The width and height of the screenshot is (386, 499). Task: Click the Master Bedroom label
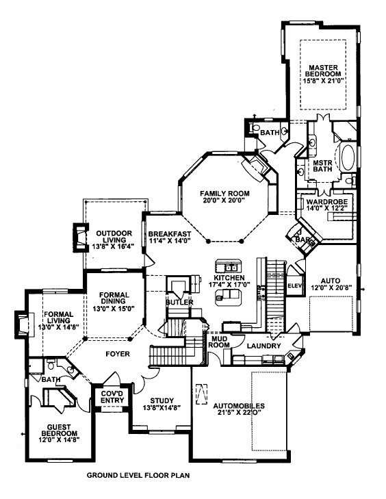(323, 71)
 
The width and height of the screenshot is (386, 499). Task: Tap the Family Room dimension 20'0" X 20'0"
(224, 201)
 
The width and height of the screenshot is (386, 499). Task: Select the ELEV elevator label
(295, 285)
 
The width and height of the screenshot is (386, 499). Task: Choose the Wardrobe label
(327, 202)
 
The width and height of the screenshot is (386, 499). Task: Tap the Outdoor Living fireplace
(80, 238)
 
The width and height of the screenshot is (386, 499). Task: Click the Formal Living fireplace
(24, 323)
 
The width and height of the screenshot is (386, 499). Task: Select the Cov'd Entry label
(112, 397)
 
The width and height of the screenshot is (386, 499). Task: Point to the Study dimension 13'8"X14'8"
(162, 408)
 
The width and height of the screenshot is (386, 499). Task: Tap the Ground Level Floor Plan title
(138, 476)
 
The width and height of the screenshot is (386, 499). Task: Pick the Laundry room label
(263, 346)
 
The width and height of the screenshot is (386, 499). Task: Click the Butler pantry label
(179, 302)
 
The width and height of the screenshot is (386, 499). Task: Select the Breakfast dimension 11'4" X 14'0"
(169, 241)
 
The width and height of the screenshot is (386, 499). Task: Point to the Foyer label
(118, 354)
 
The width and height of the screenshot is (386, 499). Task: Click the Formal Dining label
(114, 298)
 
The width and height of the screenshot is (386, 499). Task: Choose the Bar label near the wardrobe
(300, 239)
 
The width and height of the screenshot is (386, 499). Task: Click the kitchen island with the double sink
(229, 266)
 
